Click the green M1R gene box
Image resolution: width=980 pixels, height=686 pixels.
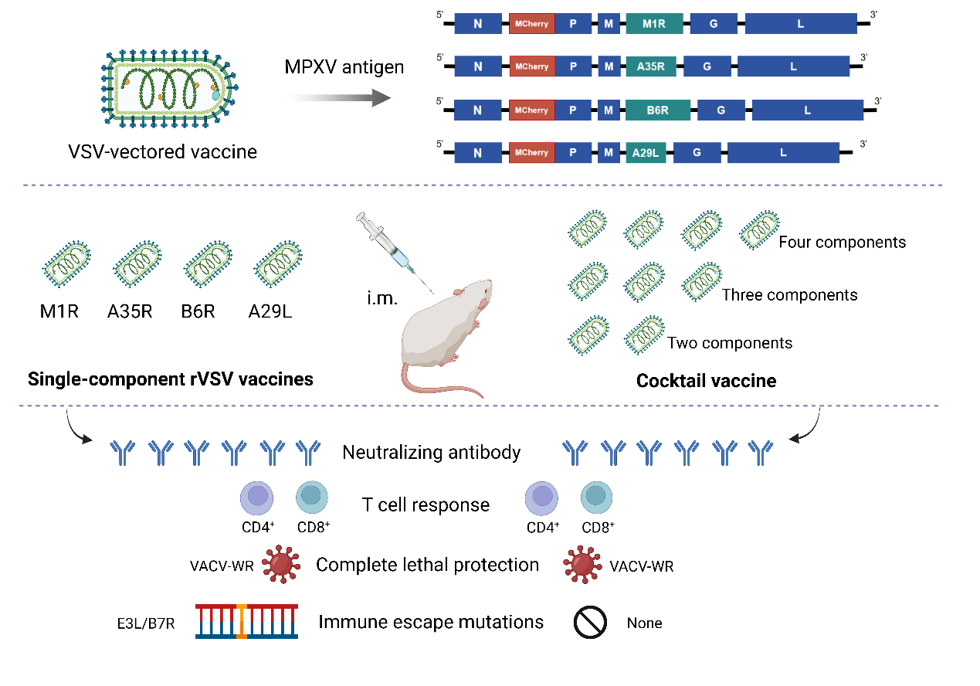(654, 24)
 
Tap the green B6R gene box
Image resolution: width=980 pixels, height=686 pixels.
(657, 110)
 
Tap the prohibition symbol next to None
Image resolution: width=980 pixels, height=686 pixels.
(589, 623)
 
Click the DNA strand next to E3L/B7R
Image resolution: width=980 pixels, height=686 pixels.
(246, 622)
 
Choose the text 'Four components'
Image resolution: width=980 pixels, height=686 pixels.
(842, 243)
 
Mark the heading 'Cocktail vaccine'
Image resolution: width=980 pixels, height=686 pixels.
(706, 381)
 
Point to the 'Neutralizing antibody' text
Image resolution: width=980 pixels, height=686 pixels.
(431, 453)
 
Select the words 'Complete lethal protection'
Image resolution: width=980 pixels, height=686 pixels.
(427, 565)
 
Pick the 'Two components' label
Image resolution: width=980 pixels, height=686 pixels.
(729, 343)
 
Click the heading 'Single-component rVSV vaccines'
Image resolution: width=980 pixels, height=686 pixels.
(170, 379)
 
